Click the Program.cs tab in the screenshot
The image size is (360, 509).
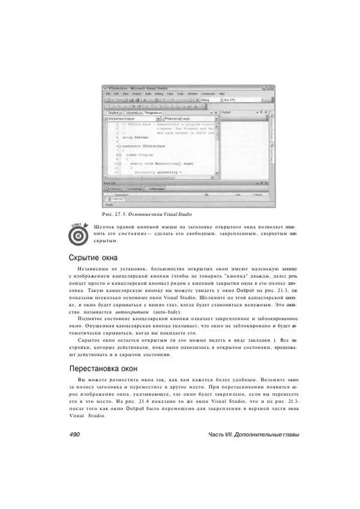click(157, 112)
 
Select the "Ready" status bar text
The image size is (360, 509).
click(109, 204)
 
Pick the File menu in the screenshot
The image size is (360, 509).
click(109, 94)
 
